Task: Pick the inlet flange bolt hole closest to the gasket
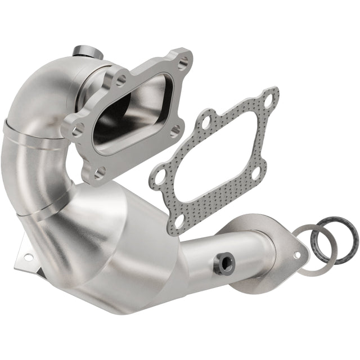point(175,129)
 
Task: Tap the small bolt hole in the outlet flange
point(296,255)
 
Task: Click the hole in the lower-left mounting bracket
point(28,257)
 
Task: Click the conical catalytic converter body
point(124,247)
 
